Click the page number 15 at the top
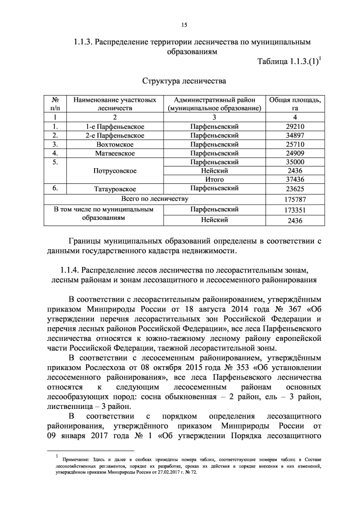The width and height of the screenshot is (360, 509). pyautogui.click(x=183, y=25)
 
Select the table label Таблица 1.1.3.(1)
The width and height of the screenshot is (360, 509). pyautogui.click(x=287, y=61)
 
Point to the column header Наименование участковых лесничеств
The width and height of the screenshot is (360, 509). pyautogui.click(x=115, y=103)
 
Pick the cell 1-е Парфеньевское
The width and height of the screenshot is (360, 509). pyautogui.click(x=115, y=127)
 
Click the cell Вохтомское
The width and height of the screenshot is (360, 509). pyautogui.click(x=115, y=144)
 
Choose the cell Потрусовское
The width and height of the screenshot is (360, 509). pyautogui.click(x=115, y=170)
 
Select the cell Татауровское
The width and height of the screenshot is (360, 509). pyautogui.click(x=115, y=189)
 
